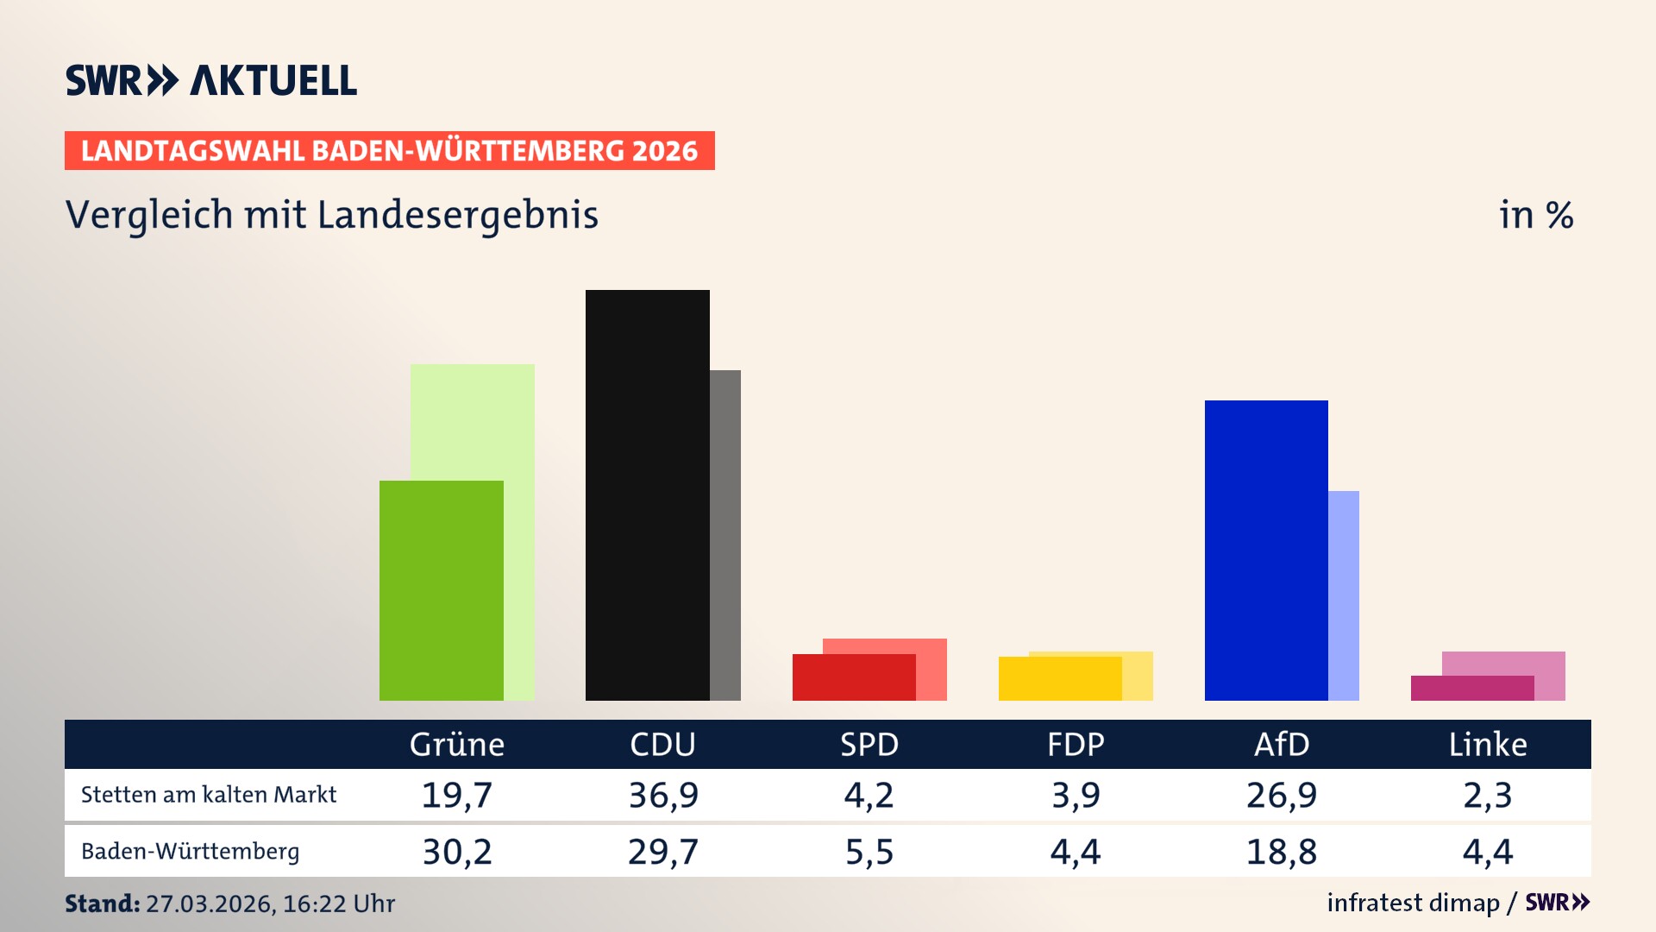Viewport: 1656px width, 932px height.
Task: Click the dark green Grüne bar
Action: point(441,590)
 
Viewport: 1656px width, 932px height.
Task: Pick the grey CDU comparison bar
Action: point(725,535)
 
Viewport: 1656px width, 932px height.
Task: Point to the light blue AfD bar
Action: point(1344,595)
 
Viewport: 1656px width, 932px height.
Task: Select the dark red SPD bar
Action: point(854,677)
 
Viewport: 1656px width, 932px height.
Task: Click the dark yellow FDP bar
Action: point(1060,678)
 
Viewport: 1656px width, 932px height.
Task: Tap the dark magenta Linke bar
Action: point(1472,688)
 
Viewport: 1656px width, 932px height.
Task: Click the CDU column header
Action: point(662,744)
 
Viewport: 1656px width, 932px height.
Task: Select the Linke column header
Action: point(1488,744)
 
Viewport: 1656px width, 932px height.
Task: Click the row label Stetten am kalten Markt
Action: point(209,795)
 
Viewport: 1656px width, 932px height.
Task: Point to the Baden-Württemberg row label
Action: point(191,851)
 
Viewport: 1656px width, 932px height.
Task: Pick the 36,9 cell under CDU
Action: point(662,795)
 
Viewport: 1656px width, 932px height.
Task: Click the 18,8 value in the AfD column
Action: point(1282,852)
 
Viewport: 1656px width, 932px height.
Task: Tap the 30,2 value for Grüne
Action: point(457,852)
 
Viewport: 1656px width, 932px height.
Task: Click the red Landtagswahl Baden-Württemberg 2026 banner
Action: point(389,150)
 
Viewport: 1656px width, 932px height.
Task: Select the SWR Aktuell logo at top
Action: point(211,80)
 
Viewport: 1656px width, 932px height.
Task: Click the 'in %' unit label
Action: point(1535,215)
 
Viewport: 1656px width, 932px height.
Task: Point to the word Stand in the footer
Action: point(102,904)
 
